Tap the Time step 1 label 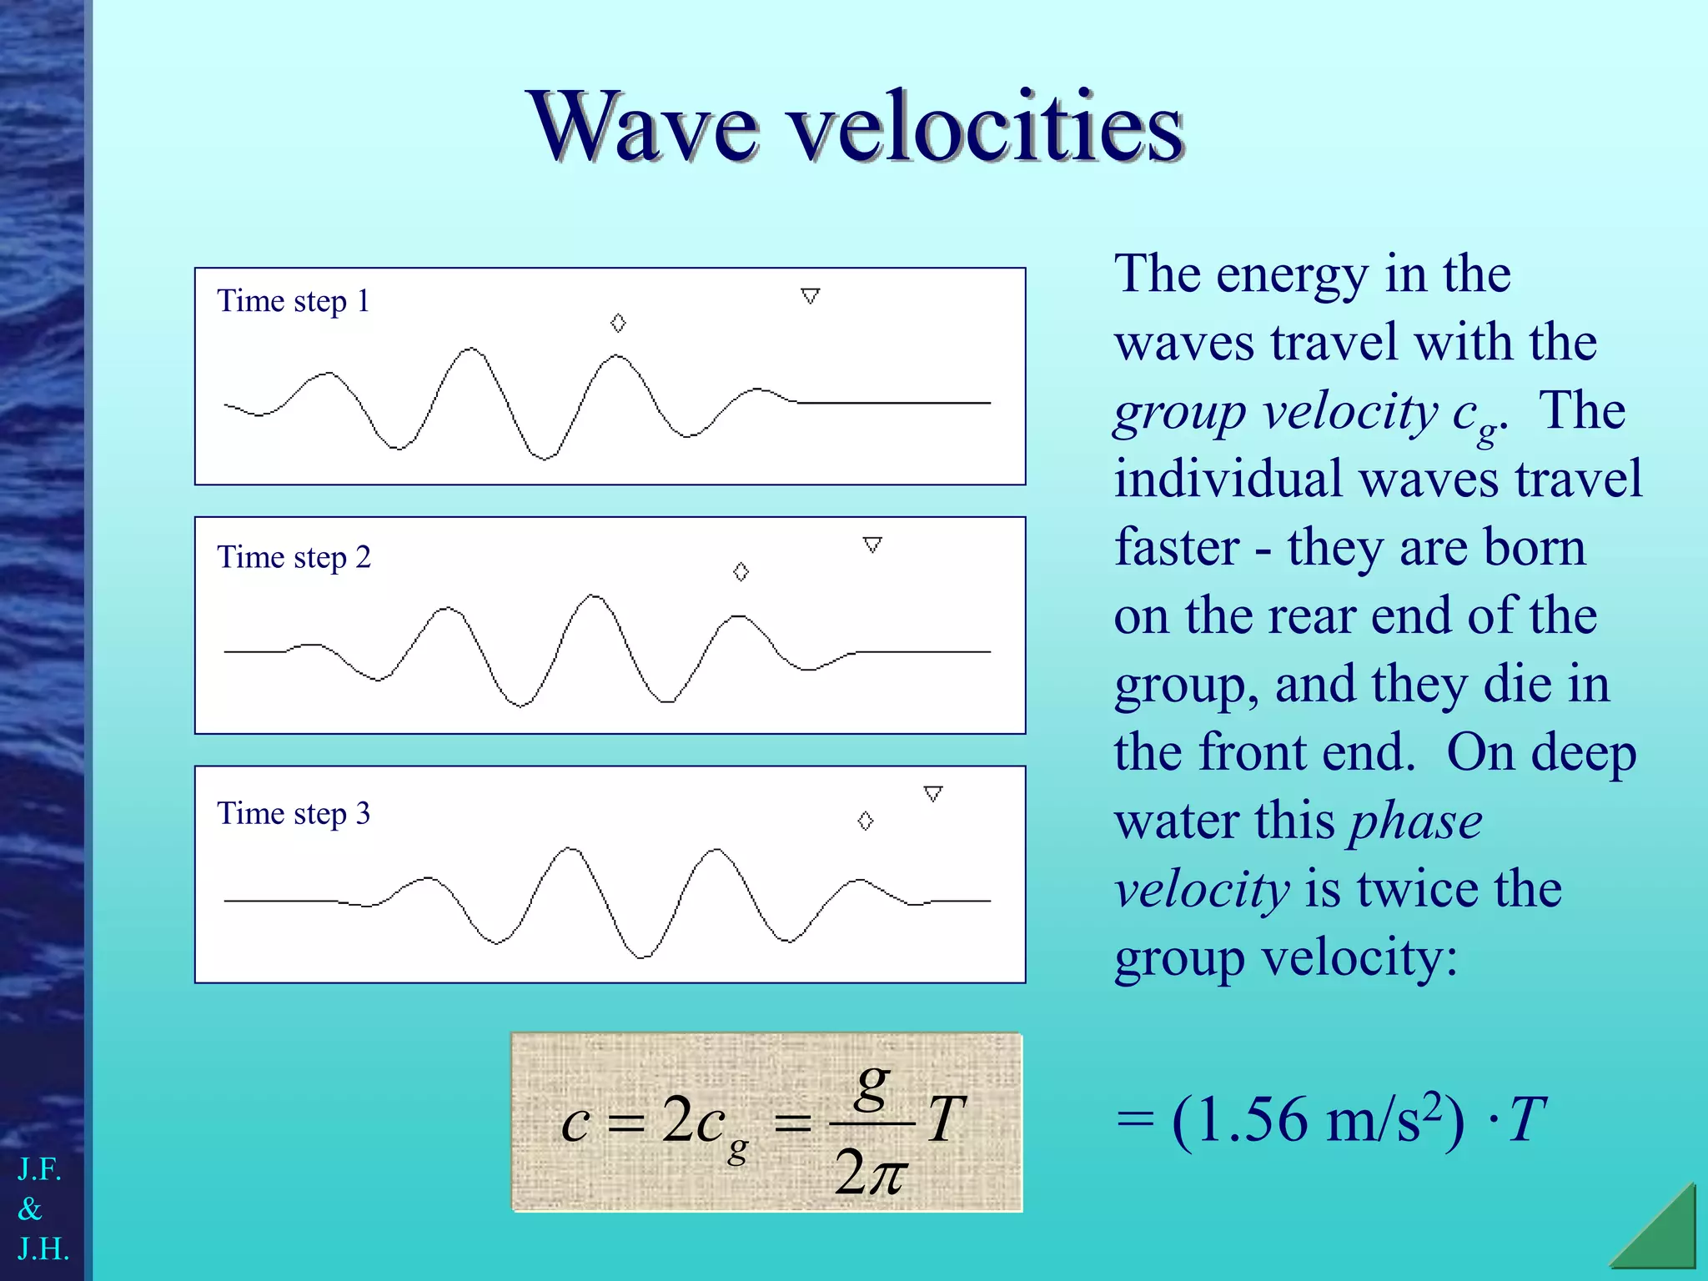click(293, 301)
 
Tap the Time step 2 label click(294, 557)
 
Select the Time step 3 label click(293, 813)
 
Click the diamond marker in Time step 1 click(618, 323)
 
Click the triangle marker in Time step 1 click(810, 296)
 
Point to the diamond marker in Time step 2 click(741, 571)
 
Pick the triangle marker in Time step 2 click(872, 545)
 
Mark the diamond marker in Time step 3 click(866, 821)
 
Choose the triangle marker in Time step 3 click(933, 793)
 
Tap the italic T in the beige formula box click(947, 1119)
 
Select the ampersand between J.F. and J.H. click(30, 1209)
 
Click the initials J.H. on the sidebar click(43, 1249)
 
